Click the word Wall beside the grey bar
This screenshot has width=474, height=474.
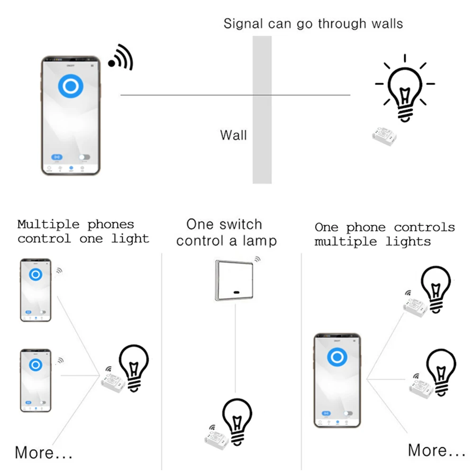coord(233,135)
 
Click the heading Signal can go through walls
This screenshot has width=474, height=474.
coord(313,24)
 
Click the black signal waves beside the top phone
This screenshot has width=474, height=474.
coord(121,58)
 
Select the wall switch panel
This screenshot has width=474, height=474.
coord(234,280)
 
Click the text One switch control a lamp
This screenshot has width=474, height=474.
coord(226,232)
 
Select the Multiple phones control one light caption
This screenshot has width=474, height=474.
coord(83,231)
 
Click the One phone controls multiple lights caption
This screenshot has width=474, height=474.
coord(384,234)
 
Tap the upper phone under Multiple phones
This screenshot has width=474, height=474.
coord(36,290)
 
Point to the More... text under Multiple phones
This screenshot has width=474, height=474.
coord(44,452)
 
